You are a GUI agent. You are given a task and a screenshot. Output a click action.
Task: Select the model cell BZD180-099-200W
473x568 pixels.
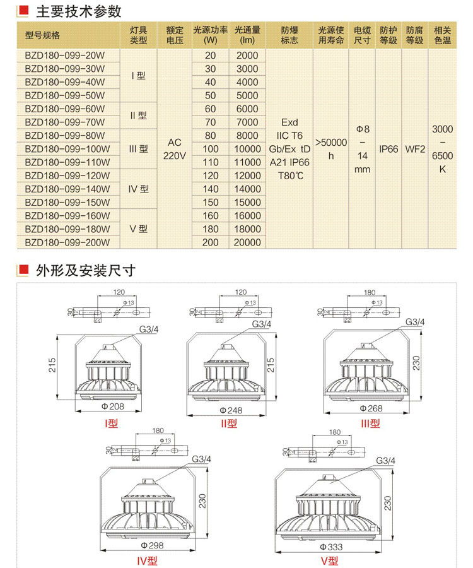[67, 242]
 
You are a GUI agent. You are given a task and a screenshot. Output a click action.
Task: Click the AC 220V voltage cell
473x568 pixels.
[175, 149]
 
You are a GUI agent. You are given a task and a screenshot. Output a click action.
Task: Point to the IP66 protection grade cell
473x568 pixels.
[388, 150]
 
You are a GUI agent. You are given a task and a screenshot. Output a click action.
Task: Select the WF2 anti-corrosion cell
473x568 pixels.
[414, 150]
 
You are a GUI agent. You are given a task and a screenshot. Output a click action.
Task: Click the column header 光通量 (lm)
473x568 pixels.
[247, 35]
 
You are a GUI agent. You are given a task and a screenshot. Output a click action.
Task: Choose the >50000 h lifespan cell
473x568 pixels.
[331, 149]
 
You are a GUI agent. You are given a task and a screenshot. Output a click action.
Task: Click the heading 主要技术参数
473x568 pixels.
[79, 11]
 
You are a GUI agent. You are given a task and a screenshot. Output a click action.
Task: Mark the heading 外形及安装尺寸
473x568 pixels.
[86, 271]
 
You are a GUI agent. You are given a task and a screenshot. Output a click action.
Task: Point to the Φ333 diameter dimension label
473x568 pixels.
[330, 547]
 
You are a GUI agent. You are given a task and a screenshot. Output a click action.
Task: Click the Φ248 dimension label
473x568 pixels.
[231, 411]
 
